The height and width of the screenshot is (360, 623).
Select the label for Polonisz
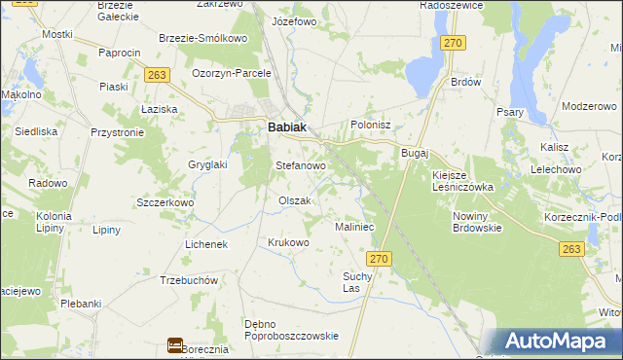click(x=370, y=126)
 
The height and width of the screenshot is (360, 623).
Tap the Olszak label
click(x=294, y=200)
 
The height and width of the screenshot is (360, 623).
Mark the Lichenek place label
click(x=205, y=244)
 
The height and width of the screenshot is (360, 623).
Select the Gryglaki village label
click(x=206, y=164)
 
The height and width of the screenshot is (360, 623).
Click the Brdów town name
click(x=466, y=83)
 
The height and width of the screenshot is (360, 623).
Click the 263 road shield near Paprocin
click(x=158, y=74)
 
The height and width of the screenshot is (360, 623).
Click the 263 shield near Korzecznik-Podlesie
click(x=572, y=250)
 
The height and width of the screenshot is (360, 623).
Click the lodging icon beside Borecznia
click(x=175, y=344)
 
